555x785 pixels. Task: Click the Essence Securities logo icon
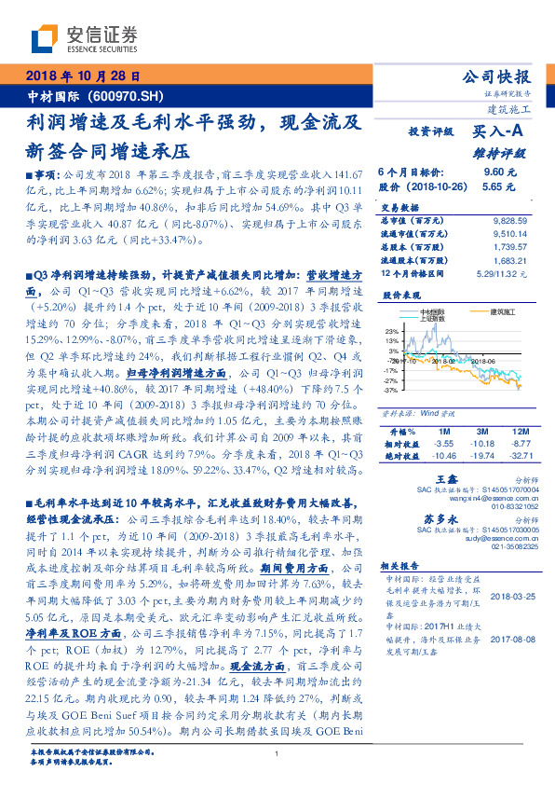[x=44, y=39]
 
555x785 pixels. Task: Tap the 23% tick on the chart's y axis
[x=391, y=331]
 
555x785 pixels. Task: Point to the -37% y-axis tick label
[x=391, y=390]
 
